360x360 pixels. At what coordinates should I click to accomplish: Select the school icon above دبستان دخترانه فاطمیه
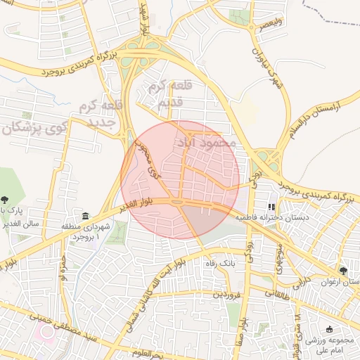271,207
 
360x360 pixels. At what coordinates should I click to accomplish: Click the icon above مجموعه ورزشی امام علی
330,330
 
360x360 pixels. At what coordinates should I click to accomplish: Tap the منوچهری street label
276,259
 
